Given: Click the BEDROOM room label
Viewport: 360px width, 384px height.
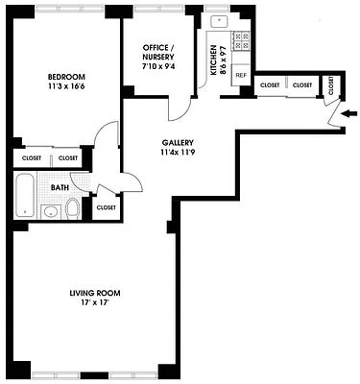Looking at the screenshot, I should pos(67,76).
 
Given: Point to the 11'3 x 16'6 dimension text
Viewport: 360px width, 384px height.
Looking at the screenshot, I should pos(67,86).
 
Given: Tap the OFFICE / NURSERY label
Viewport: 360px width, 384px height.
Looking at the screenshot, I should pos(157,51).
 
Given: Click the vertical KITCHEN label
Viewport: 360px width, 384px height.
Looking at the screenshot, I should pos(214,58).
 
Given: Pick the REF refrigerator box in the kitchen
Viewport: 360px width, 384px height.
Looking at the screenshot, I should pos(240,75).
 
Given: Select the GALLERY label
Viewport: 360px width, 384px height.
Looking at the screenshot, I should pos(178,141).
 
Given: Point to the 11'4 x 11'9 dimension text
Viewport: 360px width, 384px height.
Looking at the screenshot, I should pos(178,152).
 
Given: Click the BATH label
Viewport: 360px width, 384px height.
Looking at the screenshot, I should pos(46,188).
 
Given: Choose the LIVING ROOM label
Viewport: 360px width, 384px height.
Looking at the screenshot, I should pos(94,292).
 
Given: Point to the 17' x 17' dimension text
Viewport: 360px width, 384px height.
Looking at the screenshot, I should pos(94,302).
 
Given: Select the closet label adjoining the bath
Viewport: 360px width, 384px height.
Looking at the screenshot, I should pos(106,207).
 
